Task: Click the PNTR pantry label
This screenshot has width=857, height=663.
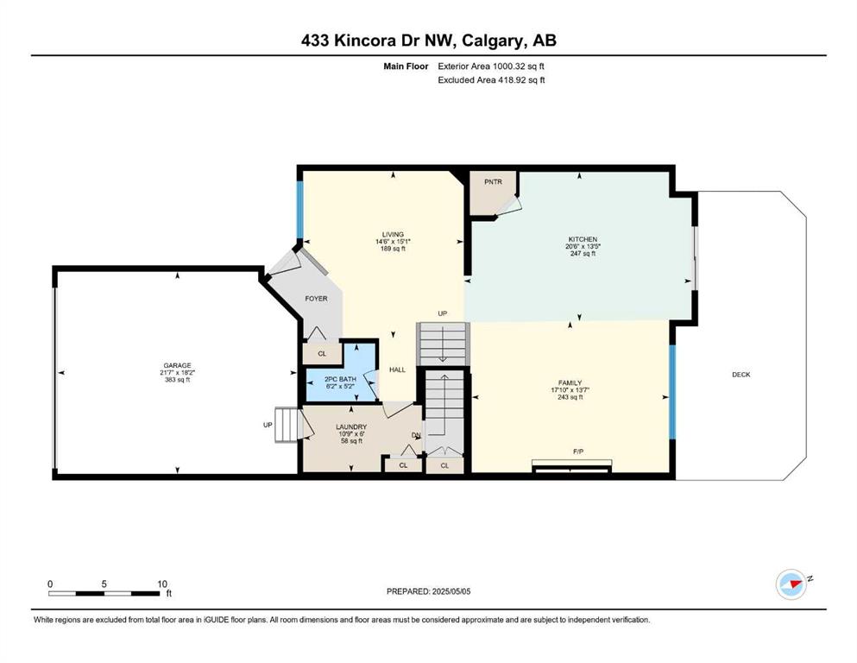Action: tap(493, 182)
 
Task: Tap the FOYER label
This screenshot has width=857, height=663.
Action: tap(316, 299)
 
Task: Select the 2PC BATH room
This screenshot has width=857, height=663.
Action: tap(341, 382)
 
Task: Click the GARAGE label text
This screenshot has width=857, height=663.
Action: tap(177, 366)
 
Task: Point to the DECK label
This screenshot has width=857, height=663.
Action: tap(741, 375)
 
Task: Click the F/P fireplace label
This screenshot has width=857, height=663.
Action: tap(577, 451)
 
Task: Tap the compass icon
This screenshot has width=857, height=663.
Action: tap(791, 584)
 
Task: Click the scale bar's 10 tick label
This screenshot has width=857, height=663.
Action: tap(161, 584)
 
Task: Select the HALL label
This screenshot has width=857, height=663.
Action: tap(397, 369)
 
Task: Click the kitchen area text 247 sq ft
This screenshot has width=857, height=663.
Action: tap(583, 254)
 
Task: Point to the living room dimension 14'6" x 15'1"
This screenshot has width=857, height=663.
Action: tap(393, 242)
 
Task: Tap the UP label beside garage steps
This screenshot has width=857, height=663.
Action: tap(268, 425)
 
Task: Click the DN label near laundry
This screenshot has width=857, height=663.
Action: tap(417, 436)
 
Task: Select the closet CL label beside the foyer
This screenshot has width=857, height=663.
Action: tap(322, 354)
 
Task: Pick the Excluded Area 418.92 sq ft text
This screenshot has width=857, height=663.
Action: tap(491, 79)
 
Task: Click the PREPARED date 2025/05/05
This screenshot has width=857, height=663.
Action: tap(451, 591)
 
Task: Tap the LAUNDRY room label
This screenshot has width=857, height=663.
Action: tap(351, 426)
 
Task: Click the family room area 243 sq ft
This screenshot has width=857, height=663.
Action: tap(570, 397)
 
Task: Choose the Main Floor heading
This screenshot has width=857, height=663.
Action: tap(406, 66)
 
